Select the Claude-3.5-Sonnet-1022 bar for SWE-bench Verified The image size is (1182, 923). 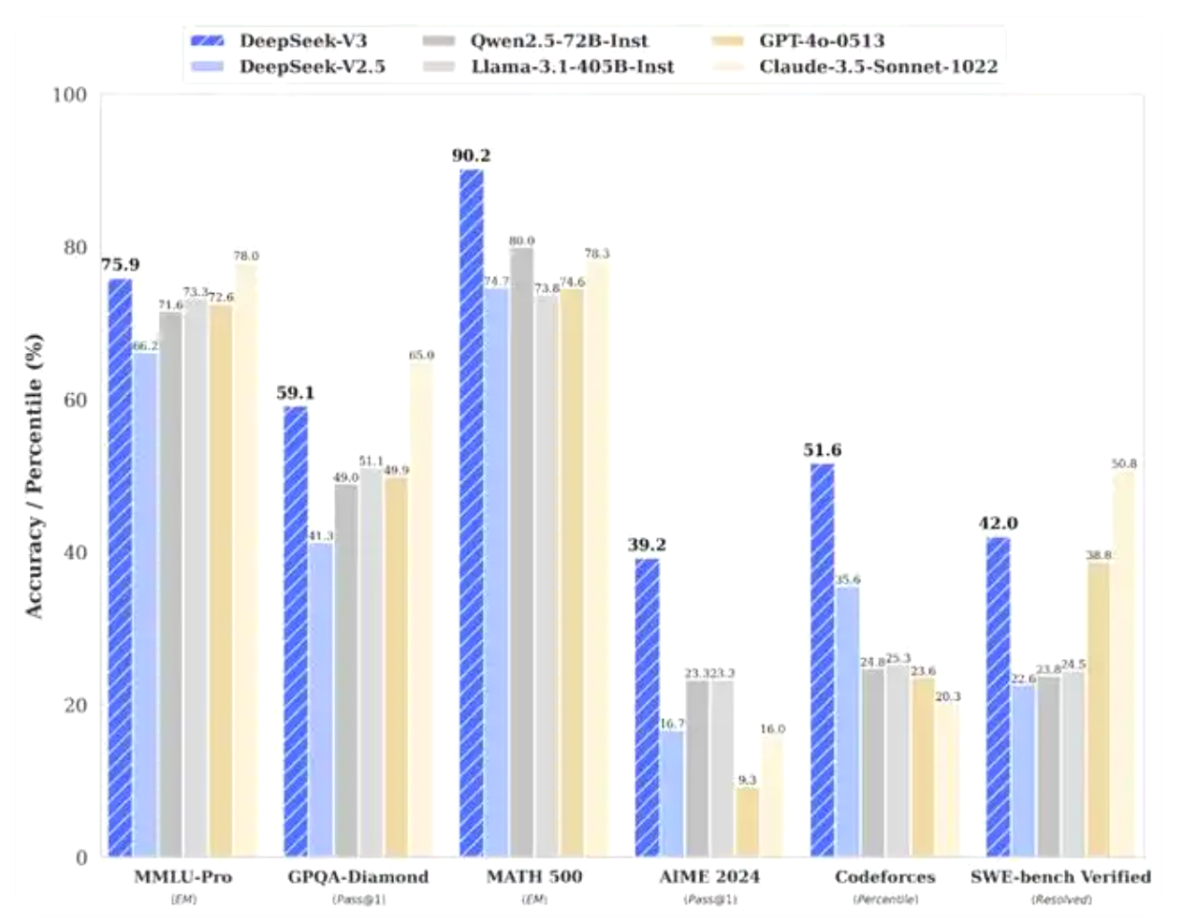coord(1123,665)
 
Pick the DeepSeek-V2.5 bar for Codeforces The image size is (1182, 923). coord(848,722)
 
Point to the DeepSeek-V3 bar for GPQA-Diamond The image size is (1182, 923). coord(296,632)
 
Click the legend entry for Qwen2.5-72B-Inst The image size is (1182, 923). coord(559,40)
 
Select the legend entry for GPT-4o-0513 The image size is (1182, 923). coord(822,40)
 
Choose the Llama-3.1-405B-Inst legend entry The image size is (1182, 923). coord(572,66)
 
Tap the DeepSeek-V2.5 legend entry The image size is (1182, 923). coord(312,66)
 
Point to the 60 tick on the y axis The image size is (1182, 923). coord(75,400)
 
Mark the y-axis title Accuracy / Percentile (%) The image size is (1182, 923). coord(35,476)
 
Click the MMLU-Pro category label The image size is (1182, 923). coord(182,877)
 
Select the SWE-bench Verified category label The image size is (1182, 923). coord(1060,877)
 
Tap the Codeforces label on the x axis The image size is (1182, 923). coord(884,877)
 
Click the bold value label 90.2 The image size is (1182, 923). coord(471,155)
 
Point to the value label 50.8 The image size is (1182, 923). coord(1124,463)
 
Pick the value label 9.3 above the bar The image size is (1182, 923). coord(747,780)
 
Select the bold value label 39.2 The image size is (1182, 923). coord(647,545)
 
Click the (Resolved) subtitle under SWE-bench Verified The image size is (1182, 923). coord(1061,900)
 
